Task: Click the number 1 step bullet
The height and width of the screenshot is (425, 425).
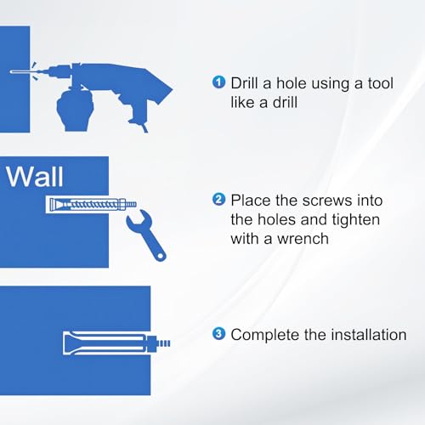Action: tap(218, 82)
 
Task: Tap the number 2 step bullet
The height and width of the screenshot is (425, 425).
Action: tap(218, 200)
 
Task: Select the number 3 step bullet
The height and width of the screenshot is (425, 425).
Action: tap(218, 334)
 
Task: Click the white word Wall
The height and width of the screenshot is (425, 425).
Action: tap(34, 177)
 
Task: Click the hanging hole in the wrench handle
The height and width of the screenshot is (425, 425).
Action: tap(161, 256)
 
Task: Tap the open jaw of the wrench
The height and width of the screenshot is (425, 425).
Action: tap(136, 217)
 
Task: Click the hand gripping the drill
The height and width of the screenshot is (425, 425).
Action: tap(75, 109)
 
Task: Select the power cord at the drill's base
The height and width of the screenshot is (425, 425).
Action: tap(144, 127)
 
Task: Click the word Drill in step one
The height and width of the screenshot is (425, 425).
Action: tap(245, 83)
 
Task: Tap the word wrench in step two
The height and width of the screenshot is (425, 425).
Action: tap(303, 239)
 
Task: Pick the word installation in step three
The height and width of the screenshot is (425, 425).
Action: tap(369, 334)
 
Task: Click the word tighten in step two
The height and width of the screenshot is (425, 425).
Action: tap(356, 220)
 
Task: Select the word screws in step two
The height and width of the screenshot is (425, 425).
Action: tap(326, 201)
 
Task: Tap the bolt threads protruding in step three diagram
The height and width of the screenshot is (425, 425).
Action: tap(163, 343)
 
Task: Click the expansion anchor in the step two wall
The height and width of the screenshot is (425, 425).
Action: tap(91, 204)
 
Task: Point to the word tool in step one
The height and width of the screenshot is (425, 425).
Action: tap(380, 83)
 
